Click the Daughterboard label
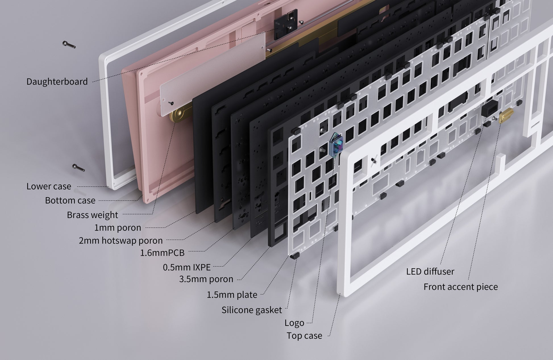click(x=57, y=82)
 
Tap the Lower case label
click(x=49, y=186)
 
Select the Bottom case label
click(x=70, y=201)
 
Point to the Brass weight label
click(x=92, y=215)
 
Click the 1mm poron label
click(x=118, y=228)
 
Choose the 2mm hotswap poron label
click(x=121, y=241)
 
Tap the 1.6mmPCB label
click(x=162, y=253)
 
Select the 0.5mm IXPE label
click(x=187, y=267)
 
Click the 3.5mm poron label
click(x=206, y=279)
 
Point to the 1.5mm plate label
click(x=232, y=295)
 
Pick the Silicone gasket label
click(x=252, y=310)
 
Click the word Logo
click(x=294, y=323)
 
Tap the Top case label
click(x=304, y=336)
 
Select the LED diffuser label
click(x=430, y=272)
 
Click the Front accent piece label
click(x=461, y=287)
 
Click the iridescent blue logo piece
click(x=336, y=145)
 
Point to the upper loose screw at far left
click(x=69, y=45)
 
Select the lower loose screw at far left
click(x=78, y=168)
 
